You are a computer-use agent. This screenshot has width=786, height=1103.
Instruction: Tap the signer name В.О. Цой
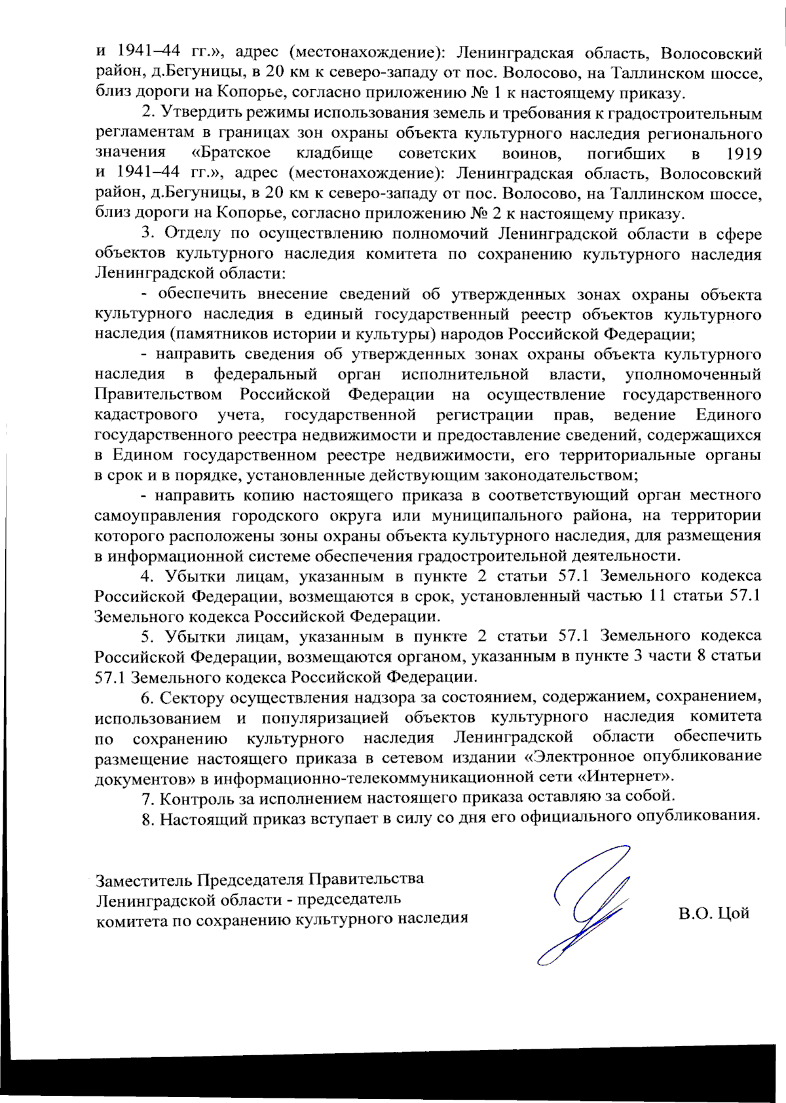(713, 913)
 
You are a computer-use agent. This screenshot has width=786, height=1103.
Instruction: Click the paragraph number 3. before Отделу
(147, 234)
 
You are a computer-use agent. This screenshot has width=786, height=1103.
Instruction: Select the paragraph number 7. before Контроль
(147, 798)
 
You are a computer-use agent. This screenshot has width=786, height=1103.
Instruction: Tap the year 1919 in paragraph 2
(744, 154)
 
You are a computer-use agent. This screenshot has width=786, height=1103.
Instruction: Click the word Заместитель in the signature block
(143, 879)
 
